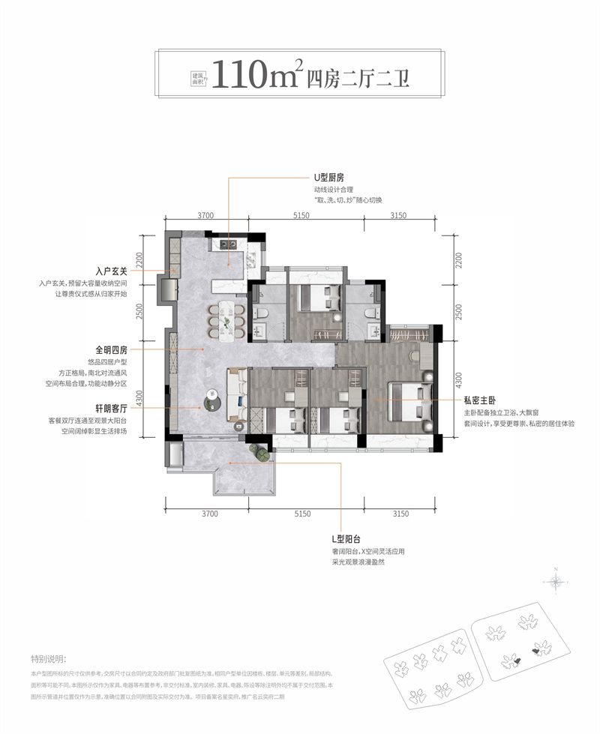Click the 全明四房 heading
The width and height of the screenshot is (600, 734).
112,349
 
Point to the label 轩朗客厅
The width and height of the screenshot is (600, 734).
112,409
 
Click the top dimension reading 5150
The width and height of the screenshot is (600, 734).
302,216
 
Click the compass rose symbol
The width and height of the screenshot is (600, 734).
556,581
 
